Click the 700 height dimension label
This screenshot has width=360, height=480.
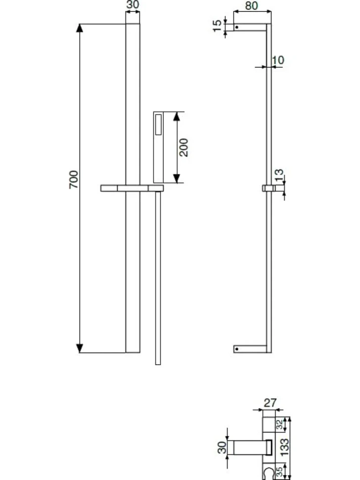[x=74, y=180]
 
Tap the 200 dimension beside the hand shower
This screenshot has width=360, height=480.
[x=183, y=147]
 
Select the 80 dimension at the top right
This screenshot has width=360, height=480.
[x=251, y=5]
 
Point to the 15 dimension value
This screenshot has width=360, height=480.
[x=217, y=26]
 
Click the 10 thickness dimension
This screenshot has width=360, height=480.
[x=278, y=60]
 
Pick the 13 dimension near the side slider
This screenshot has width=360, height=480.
[x=279, y=175]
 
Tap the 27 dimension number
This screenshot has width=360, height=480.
[x=270, y=402]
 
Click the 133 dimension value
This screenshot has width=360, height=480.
[x=284, y=447]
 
